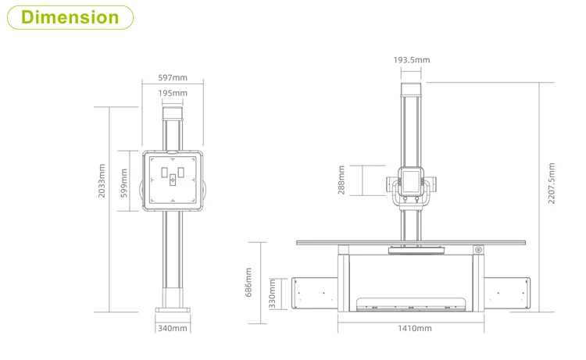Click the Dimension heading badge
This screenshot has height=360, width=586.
pos(70,17)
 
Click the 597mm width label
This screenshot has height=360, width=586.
pos(173,77)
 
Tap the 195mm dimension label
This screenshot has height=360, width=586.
pos(173,93)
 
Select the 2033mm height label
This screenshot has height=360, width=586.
pos(102,180)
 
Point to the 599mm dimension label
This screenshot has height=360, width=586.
pos(124,183)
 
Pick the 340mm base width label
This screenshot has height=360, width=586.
pos(173,328)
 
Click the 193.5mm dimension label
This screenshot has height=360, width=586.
pos(412,60)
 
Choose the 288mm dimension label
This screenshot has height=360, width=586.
pos(341,180)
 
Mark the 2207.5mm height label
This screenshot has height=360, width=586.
pos(552,184)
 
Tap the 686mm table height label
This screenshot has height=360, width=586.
pos(248,283)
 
